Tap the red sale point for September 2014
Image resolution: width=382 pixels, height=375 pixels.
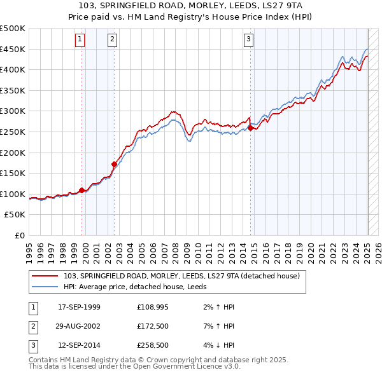[x=250, y=128]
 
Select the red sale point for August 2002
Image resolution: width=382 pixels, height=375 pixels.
[x=115, y=163]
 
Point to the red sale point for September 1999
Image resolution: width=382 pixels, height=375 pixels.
[x=82, y=190]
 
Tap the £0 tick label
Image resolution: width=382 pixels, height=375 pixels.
[x=19, y=235]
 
